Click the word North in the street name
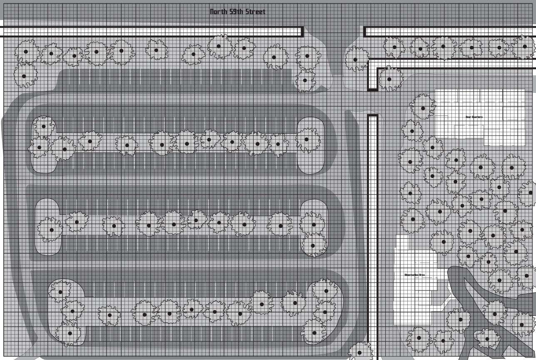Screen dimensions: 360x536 pyautogui.click(x=218, y=12)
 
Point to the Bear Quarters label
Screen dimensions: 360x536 pyautogui.click(x=474, y=117)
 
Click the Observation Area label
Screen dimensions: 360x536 pyautogui.click(x=414, y=275)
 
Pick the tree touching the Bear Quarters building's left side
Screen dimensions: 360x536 pyautogui.click(x=423, y=108)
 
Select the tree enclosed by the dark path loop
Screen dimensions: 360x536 pyautogui.click(x=487, y=338)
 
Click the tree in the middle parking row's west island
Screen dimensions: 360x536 pyautogui.click(x=51, y=230)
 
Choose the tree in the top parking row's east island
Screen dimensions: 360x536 pyautogui.click(x=307, y=140)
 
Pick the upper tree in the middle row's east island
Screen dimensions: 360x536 pyautogui.click(x=314, y=225)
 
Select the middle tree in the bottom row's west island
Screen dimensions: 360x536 pyautogui.click(x=72, y=311)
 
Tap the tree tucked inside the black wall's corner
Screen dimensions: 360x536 pyautogui.click(x=389, y=79)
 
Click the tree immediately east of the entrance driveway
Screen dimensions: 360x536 pyautogui.click(x=355, y=59)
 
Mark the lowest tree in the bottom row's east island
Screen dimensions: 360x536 pyautogui.click(x=314, y=332)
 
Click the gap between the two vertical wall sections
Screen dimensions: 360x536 pyautogui.click(x=372, y=102)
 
